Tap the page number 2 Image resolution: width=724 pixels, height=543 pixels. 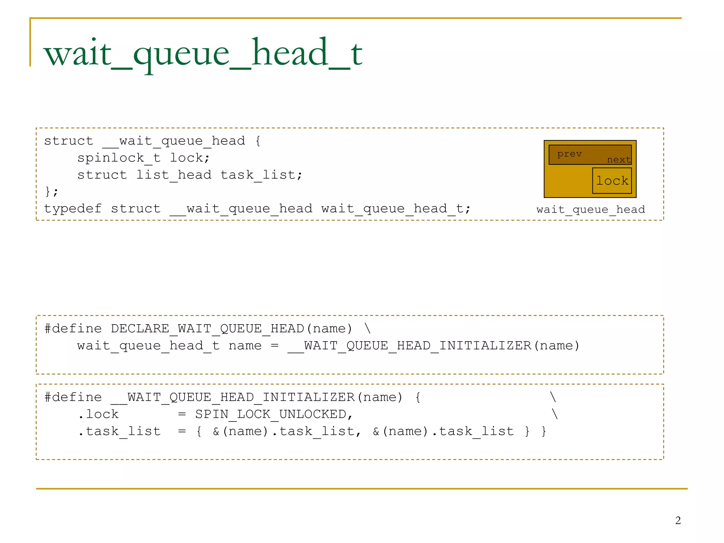click(x=678, y=520)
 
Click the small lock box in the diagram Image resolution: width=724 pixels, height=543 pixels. click(x=612, y=181)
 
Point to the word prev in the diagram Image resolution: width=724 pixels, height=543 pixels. click(x=569, y=154)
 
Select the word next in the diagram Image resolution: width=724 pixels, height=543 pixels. click(x=619, y=160)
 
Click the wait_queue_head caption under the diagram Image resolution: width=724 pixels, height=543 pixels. click(x=591, y=210)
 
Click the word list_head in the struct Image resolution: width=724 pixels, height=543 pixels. click(x=174, y=175)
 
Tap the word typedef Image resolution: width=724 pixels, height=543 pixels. click(x=73, y=209)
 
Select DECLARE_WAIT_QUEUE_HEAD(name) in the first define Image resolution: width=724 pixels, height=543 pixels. click(x=232, y=328)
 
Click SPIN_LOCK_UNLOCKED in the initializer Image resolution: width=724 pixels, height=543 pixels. click(x=271, y=414)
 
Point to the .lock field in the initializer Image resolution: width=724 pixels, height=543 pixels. click(x=99, y=414)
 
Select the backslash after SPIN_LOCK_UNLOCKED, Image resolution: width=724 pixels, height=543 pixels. click(x=554, y=414)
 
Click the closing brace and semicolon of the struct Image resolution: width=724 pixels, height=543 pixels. click(x=52, y=192)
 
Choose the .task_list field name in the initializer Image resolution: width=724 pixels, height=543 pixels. click(x=119, y=431)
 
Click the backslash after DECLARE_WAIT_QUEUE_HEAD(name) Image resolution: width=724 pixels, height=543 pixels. click(x=368, y=328)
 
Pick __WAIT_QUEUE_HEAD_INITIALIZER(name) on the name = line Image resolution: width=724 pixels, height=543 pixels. click(x=434, y=345)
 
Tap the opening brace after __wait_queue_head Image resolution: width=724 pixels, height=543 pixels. click(x=258, y=141)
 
